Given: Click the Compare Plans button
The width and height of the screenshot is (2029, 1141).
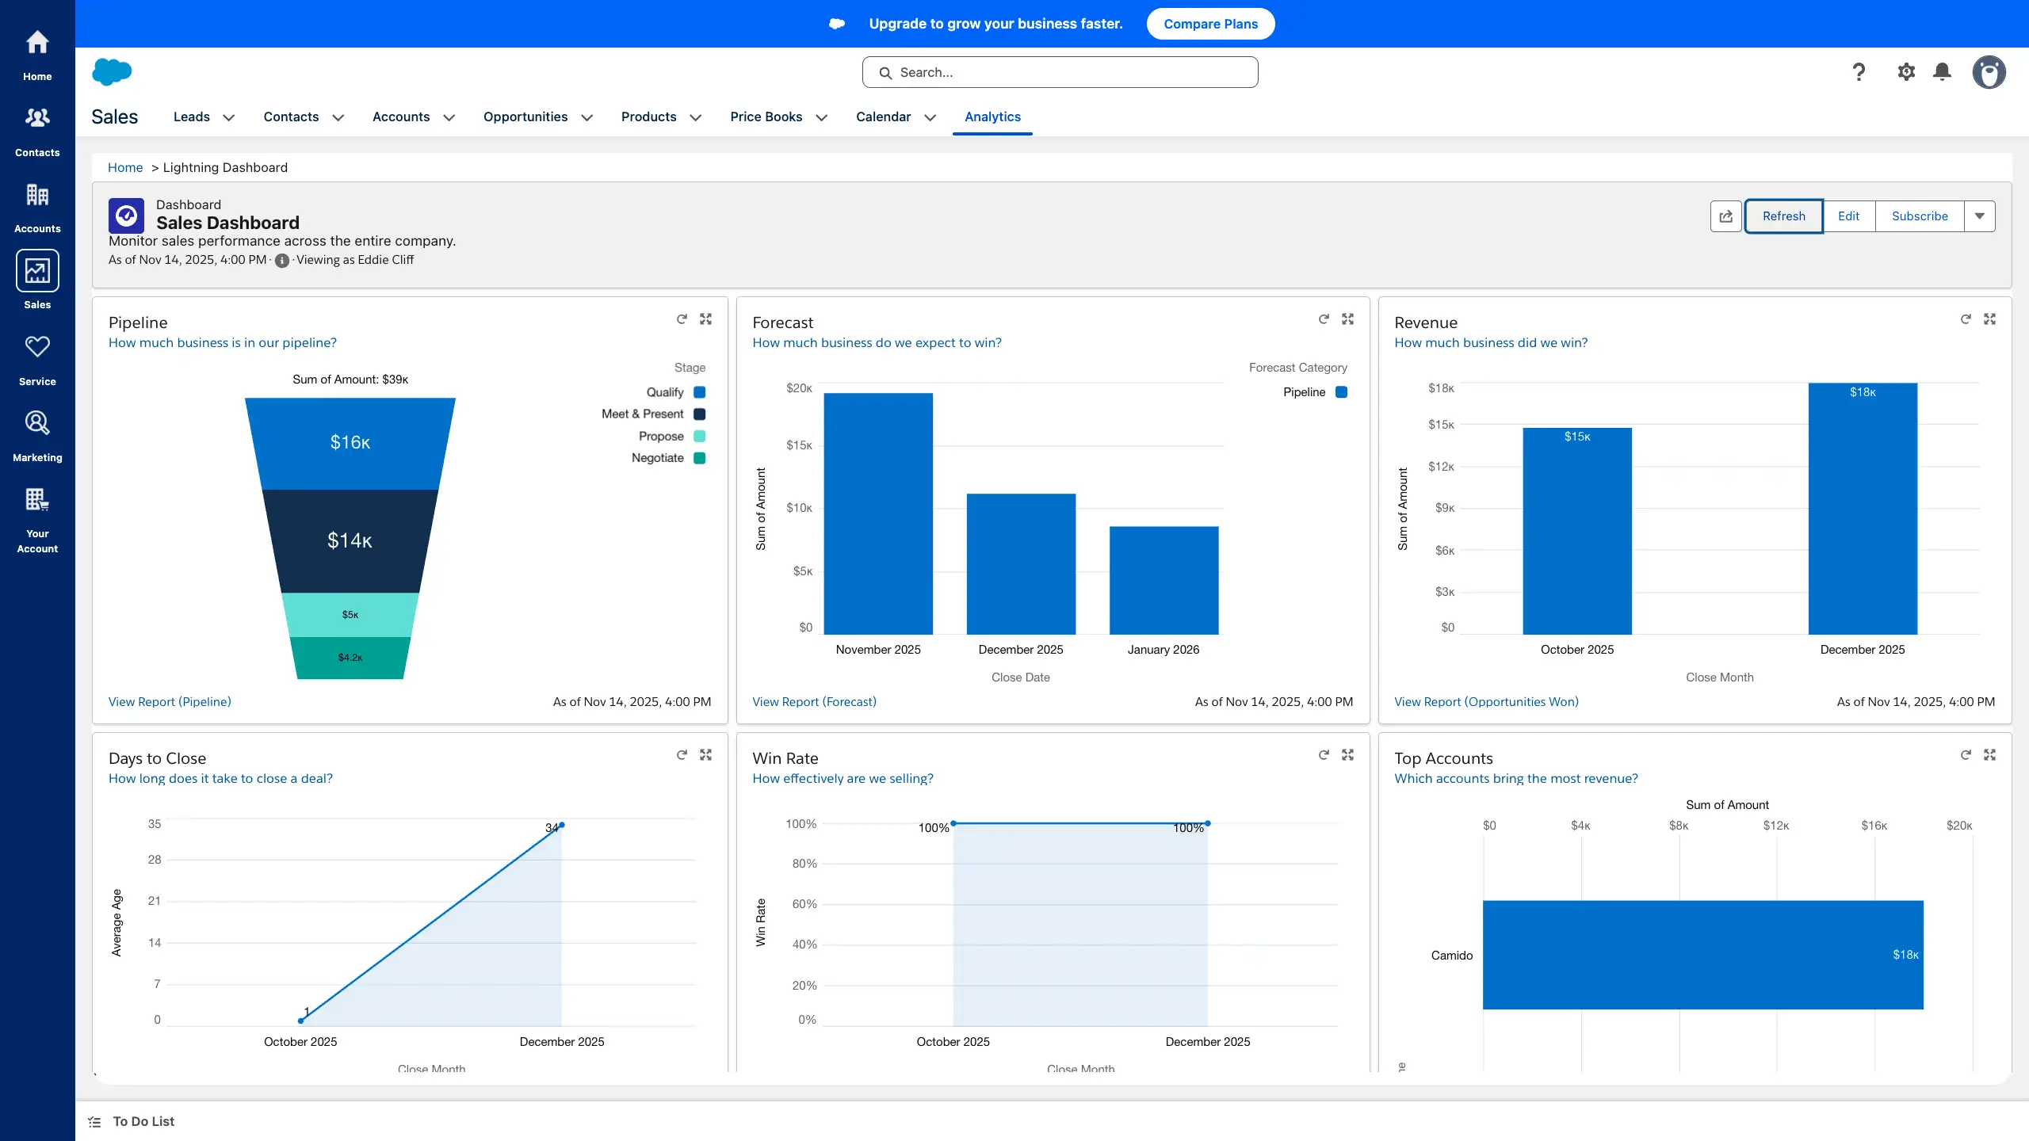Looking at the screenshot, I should click(x=1210, y=24).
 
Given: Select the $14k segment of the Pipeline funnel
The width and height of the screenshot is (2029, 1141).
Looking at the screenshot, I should click(x=350, y=540).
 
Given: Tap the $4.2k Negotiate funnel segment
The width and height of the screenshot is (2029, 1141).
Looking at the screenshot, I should click(x=350, y=657).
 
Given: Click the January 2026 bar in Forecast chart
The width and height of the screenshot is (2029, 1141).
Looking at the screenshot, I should click(x=1164, y=579).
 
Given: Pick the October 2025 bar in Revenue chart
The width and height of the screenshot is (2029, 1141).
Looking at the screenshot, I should click(x=1576, y=531).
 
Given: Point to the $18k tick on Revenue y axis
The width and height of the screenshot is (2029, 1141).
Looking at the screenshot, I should click(x=1441, y=388).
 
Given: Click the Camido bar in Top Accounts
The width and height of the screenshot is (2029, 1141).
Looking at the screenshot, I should click(x=1702, y=954).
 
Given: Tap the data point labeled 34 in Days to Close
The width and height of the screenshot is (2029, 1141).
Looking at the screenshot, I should click(x=561, y=826).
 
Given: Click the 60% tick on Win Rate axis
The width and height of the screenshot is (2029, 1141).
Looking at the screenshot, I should click(x=804, y=904).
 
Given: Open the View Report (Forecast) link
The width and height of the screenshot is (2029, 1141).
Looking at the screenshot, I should click(x=814, y=702).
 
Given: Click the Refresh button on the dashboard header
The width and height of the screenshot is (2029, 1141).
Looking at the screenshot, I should click(x=1783, y=216).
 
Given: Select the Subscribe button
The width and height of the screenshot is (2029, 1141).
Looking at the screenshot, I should click(x=1919, y=216).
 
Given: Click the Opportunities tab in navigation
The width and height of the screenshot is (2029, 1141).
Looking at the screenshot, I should click(x=525, y=116).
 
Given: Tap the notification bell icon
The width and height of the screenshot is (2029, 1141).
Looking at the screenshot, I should click(x=1942, y=72).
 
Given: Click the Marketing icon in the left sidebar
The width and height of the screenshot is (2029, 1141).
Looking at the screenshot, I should click(x=37, y=434).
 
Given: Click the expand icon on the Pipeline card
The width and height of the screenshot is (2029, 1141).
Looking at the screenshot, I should click(x=705, y=319).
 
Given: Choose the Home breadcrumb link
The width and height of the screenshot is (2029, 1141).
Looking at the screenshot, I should click(x=125, y=167).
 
